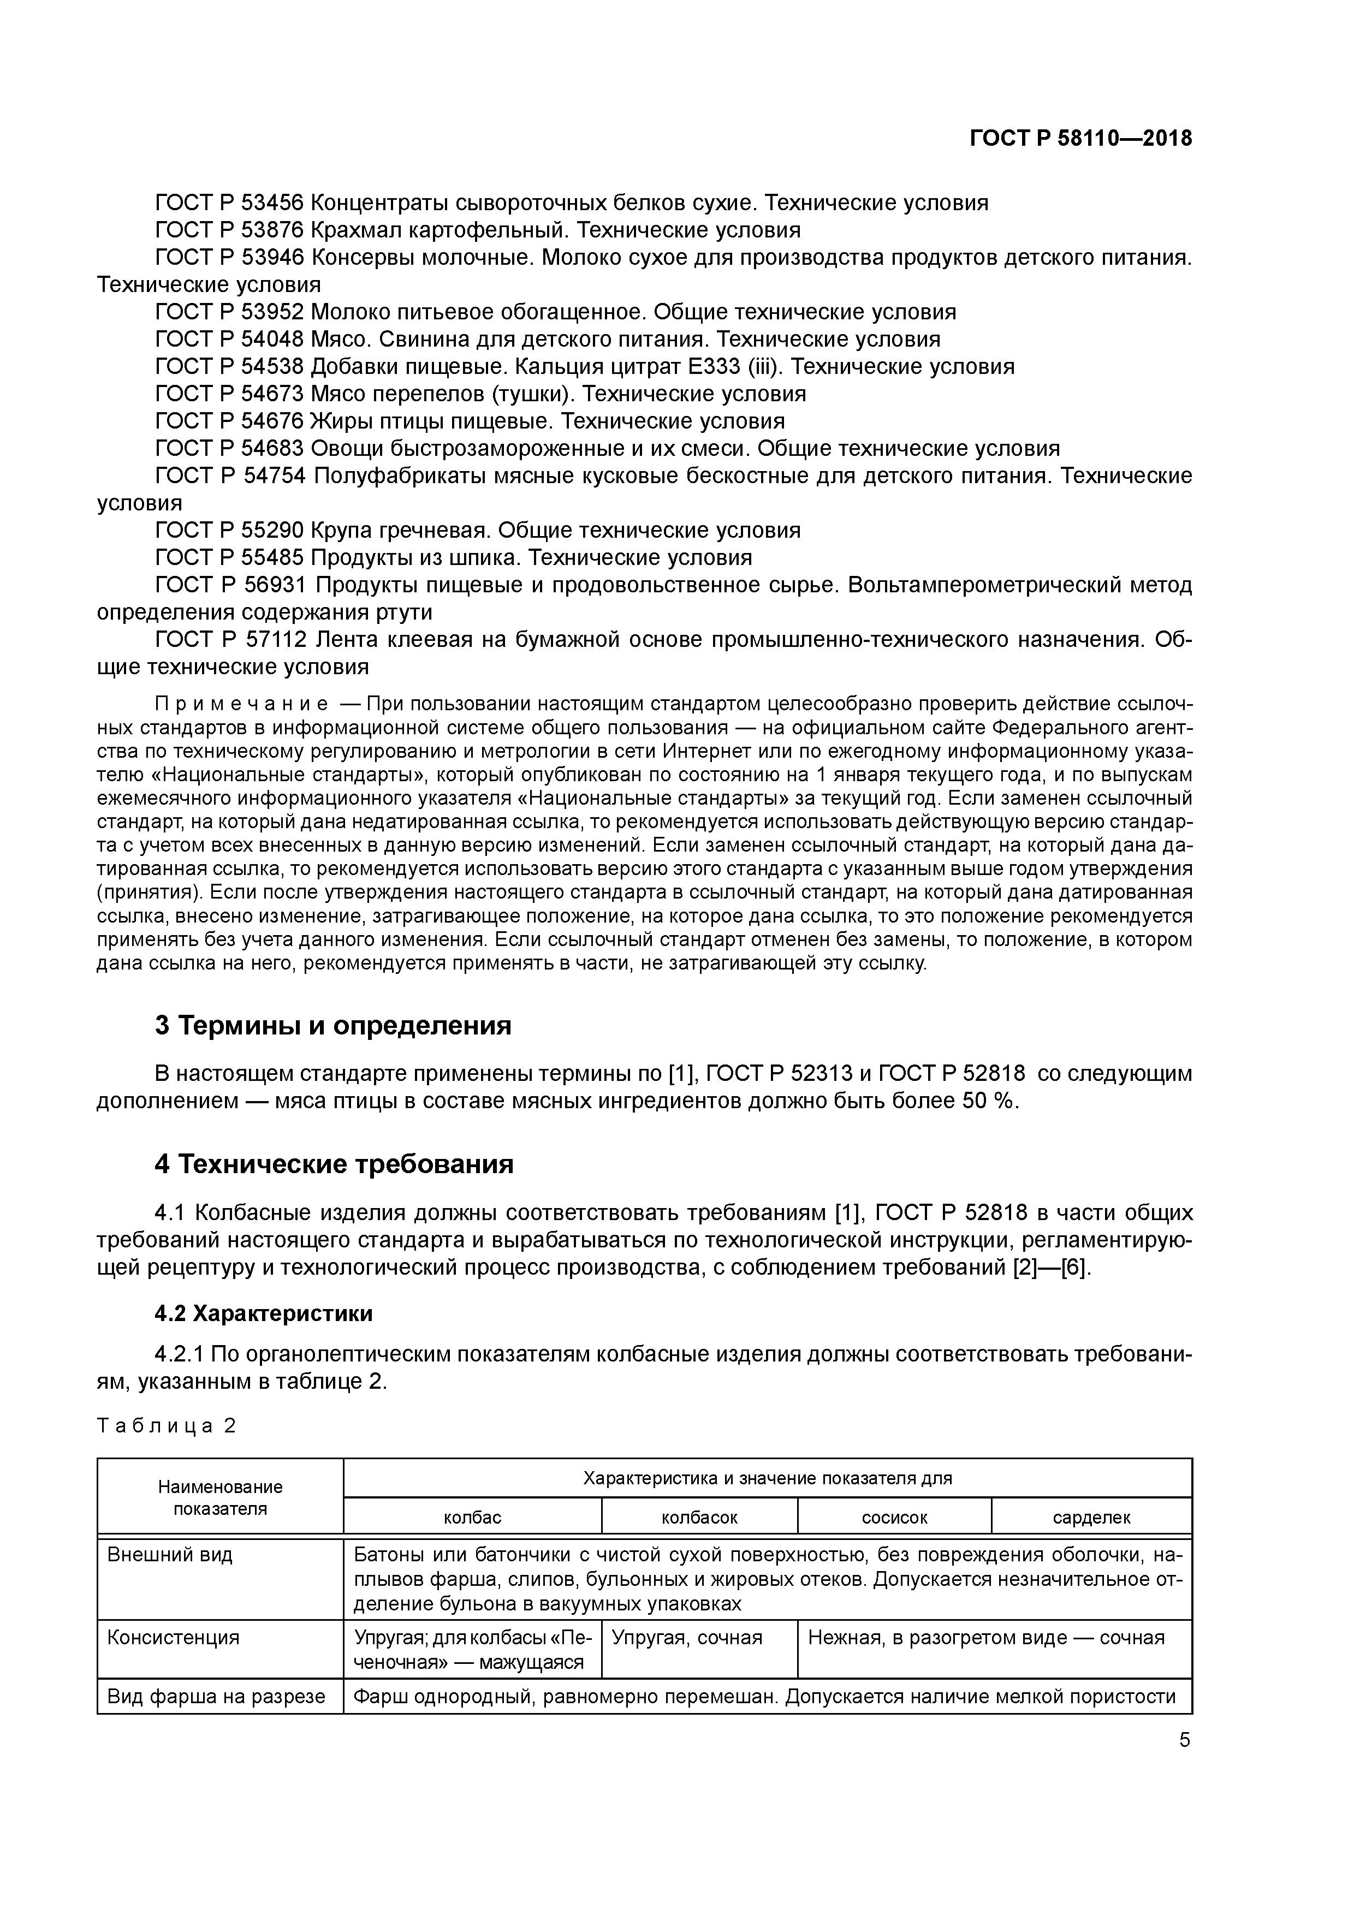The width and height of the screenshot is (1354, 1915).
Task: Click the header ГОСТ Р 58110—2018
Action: [1080, 139]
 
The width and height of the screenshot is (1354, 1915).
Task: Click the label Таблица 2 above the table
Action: [167, 1425]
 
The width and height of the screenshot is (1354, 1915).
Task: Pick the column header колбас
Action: [472, 1517]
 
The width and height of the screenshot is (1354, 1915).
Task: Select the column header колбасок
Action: [699, 1517]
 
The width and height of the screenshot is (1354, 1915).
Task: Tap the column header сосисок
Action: [894, 1517]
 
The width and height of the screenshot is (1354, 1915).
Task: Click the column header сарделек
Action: [1091, 1517]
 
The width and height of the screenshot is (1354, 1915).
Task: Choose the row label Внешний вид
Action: [170, 1555]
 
